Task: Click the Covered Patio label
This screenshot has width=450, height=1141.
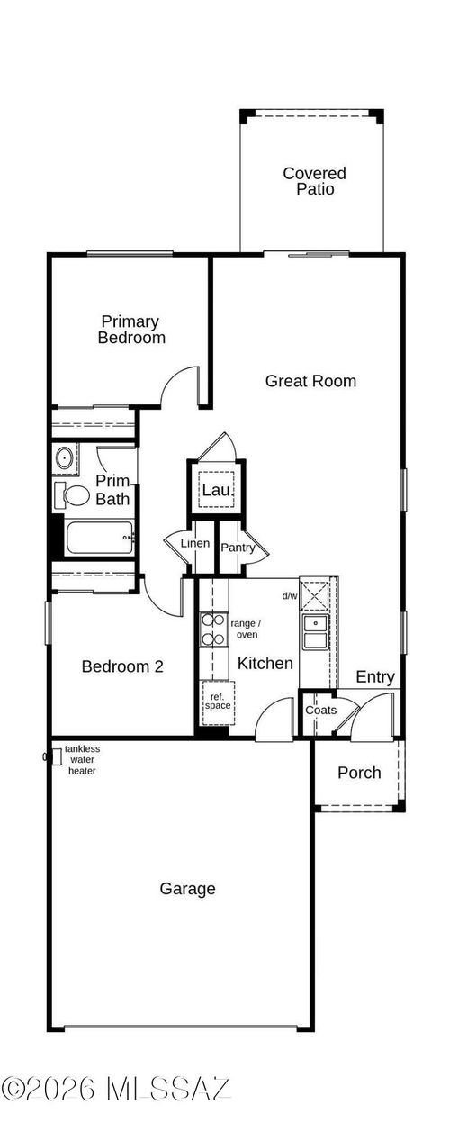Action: tap(314, 181)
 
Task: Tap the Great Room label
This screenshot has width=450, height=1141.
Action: tap(310, 381)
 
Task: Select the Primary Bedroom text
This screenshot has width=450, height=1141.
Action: tap(131, 330)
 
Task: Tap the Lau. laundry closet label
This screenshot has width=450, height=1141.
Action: tap(216, 490)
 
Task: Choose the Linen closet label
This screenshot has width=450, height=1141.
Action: tap(195, 544)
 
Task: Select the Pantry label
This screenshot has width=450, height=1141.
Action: tap(238, 548)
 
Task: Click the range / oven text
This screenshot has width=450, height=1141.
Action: tap(246, 629)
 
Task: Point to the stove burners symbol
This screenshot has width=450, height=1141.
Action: tap(213, 629)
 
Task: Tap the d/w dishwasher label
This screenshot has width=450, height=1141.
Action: tap(290, 596)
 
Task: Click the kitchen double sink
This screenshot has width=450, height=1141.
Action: tap(315, 632)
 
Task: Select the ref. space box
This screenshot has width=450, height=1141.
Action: tap(217, 701)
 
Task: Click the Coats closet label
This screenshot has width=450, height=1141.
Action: tap(320, 711)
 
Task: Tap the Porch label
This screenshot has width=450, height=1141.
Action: tap(359, 773)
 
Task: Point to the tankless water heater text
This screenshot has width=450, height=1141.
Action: tap(82, 760)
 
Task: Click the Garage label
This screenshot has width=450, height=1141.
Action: tap(187, 889)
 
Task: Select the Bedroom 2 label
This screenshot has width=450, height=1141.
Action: tap(122, 666)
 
